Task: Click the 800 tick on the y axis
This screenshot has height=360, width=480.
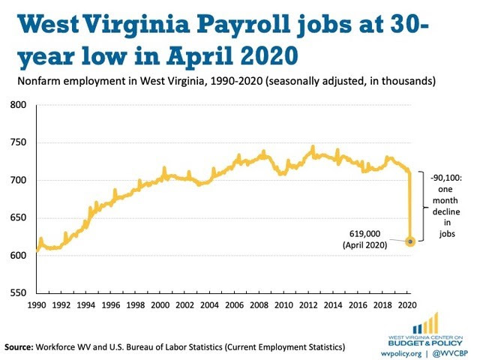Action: (x=17, y=105)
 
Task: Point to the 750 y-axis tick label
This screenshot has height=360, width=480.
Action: (x=17, y=142)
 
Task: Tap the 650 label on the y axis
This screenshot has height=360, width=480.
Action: (x=17, y=217)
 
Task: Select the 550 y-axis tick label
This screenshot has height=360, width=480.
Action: (x=17, y=292)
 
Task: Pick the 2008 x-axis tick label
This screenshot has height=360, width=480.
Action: (x=259, y=307)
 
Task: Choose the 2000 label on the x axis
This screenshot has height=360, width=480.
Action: (x=160, y=307)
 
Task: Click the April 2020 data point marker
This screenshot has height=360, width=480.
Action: (x=409, y=241)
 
